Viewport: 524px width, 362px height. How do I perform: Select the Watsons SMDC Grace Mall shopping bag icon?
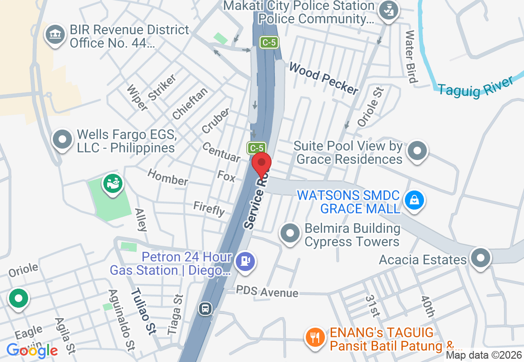[414, 201]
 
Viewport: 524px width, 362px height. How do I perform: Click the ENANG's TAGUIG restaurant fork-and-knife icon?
[314, 337]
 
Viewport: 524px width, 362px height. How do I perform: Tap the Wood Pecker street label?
[323, 79]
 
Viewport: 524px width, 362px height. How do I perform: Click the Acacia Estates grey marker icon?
[480, 258]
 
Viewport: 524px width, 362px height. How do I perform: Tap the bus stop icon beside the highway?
[205, 308]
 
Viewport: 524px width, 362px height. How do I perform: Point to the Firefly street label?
[209, 209]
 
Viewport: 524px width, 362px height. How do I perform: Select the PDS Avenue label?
[267, 292]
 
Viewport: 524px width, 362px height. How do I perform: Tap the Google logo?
[32, 351]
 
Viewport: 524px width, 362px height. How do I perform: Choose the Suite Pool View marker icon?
[418, 151]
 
